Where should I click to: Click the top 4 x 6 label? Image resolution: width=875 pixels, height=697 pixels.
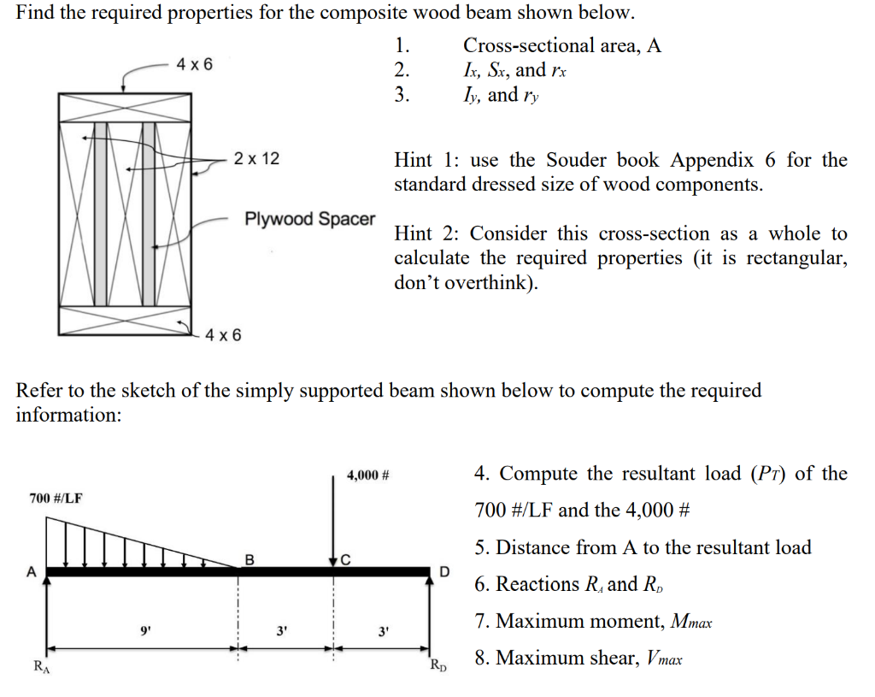[x=195, y=65]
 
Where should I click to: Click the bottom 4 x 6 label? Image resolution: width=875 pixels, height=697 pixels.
[x=223, y=334]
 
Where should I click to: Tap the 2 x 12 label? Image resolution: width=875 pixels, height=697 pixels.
[x=256, y=159]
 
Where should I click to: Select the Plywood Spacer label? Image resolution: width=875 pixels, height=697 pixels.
[x=309, y=219]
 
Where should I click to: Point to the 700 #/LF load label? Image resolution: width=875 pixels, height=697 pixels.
[x=56, y=498]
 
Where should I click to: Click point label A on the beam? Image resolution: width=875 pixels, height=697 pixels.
[x=32, y=570]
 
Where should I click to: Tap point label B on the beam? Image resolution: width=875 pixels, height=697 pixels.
[x=250, y=560]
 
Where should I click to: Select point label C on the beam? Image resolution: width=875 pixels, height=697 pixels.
[x=345, y=561]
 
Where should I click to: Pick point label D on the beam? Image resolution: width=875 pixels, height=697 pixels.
[x=443, y=570]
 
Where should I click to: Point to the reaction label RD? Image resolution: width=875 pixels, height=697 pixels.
[x=436, y=665]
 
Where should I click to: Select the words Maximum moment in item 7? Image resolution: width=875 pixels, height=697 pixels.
[x=561, y=621]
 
